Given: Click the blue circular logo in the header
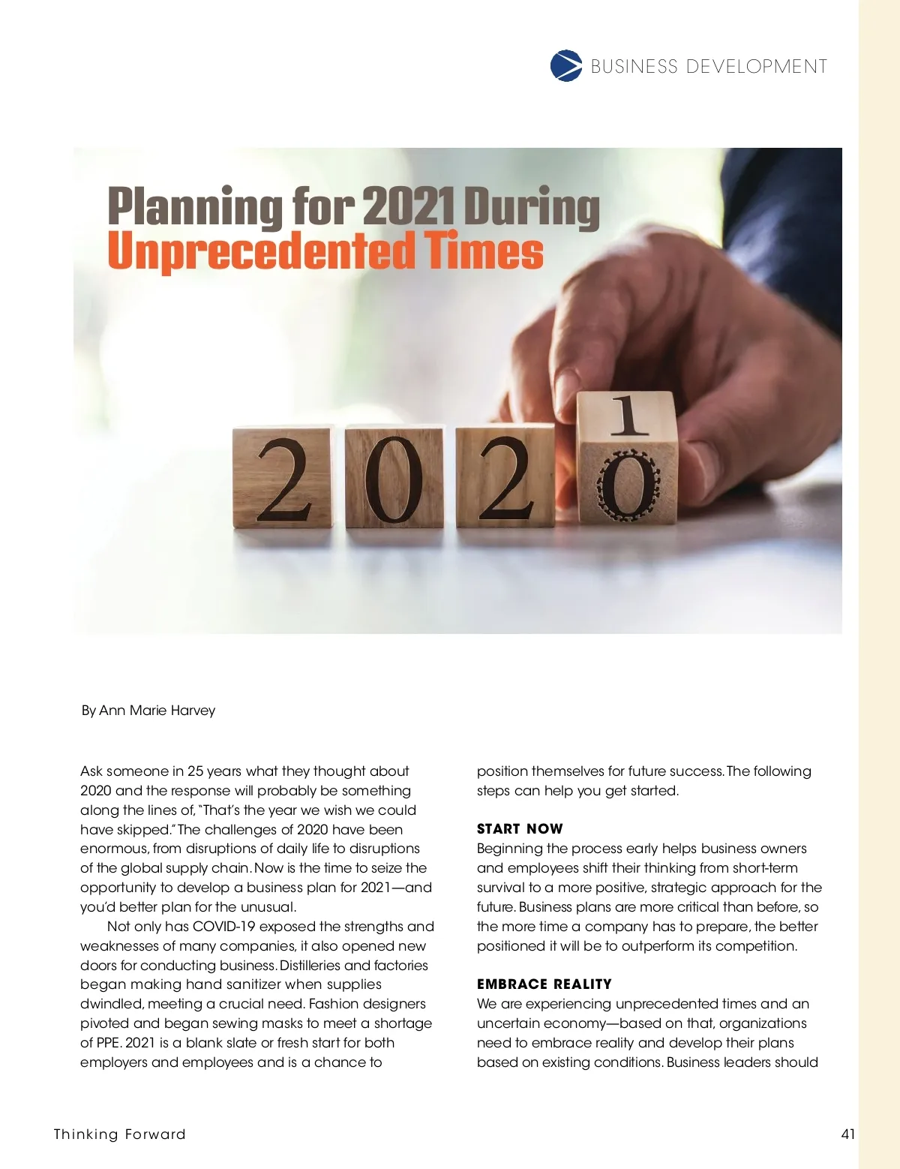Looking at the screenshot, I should coord(566,66).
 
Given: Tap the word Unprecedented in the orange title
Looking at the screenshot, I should coord(261,251).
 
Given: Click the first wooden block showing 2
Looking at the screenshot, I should coord(283,477).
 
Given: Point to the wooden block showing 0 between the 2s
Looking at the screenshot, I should coord(394,477).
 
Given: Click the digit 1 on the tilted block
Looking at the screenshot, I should coord(628,417).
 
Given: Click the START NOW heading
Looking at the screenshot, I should coord(520,829).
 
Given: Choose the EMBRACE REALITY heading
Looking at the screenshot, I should coord(544,984).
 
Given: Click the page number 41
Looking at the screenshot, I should coord(848,1134).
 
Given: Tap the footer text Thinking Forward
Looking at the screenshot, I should coord(119,1134).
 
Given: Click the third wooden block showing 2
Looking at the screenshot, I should coord(505,477).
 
